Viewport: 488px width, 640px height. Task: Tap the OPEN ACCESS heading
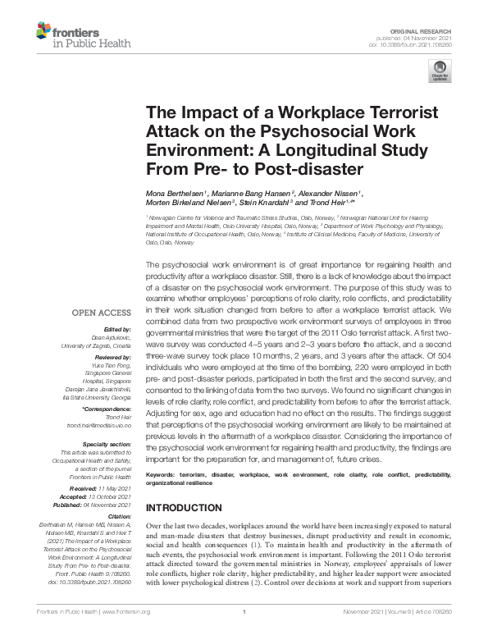click(x=101, y=313)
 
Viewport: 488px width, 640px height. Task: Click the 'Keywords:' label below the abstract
click(x=165, y=476)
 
